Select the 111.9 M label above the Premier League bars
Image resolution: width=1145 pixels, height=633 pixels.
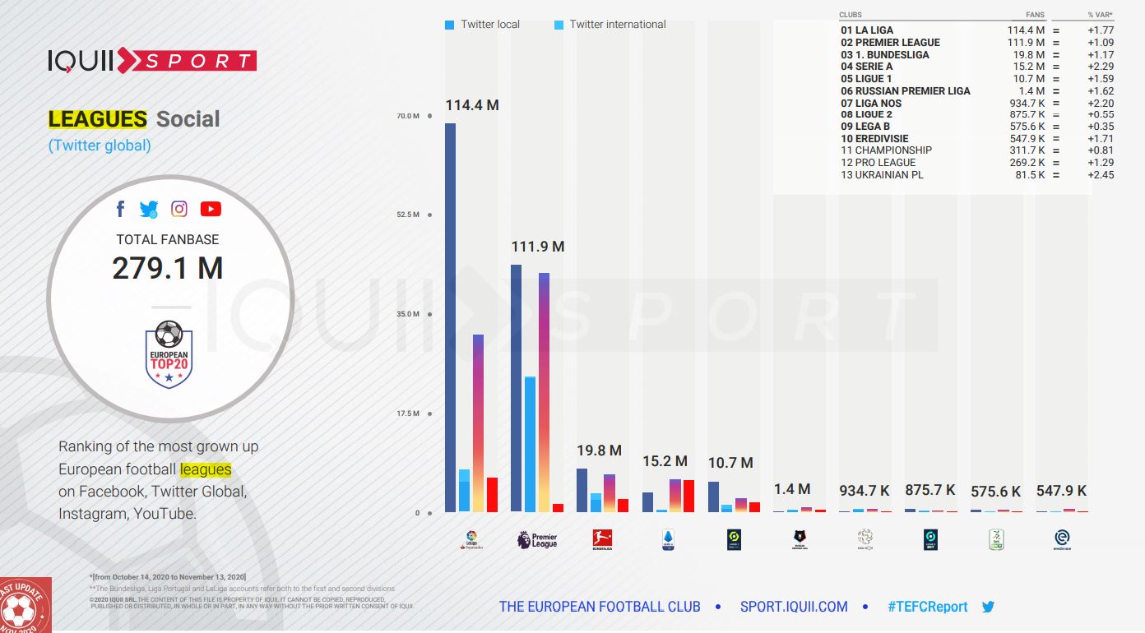(538, 247)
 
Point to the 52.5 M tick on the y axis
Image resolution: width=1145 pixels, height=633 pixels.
(409, 215)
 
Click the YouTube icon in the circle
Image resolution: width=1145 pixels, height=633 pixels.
(211, 209)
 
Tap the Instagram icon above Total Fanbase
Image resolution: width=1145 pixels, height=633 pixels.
(179, 209)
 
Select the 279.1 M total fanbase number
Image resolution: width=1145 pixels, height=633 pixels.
(168, 269)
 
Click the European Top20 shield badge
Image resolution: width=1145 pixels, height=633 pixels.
(169, 354)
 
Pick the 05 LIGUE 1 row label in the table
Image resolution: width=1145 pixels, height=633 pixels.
(866, 79)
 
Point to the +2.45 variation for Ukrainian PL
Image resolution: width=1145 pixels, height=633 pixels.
(1100, 175)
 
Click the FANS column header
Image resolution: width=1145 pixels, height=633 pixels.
(1035, 15)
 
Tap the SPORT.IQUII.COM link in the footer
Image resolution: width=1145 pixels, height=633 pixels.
(794, 607)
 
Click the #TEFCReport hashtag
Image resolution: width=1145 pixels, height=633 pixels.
(928, 607)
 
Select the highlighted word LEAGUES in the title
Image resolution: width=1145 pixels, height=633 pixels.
(97, 119)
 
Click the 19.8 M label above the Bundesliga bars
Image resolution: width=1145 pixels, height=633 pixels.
(599, 450)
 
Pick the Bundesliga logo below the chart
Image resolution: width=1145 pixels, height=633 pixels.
(603, 540)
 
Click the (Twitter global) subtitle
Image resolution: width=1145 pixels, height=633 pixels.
(100, 146)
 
